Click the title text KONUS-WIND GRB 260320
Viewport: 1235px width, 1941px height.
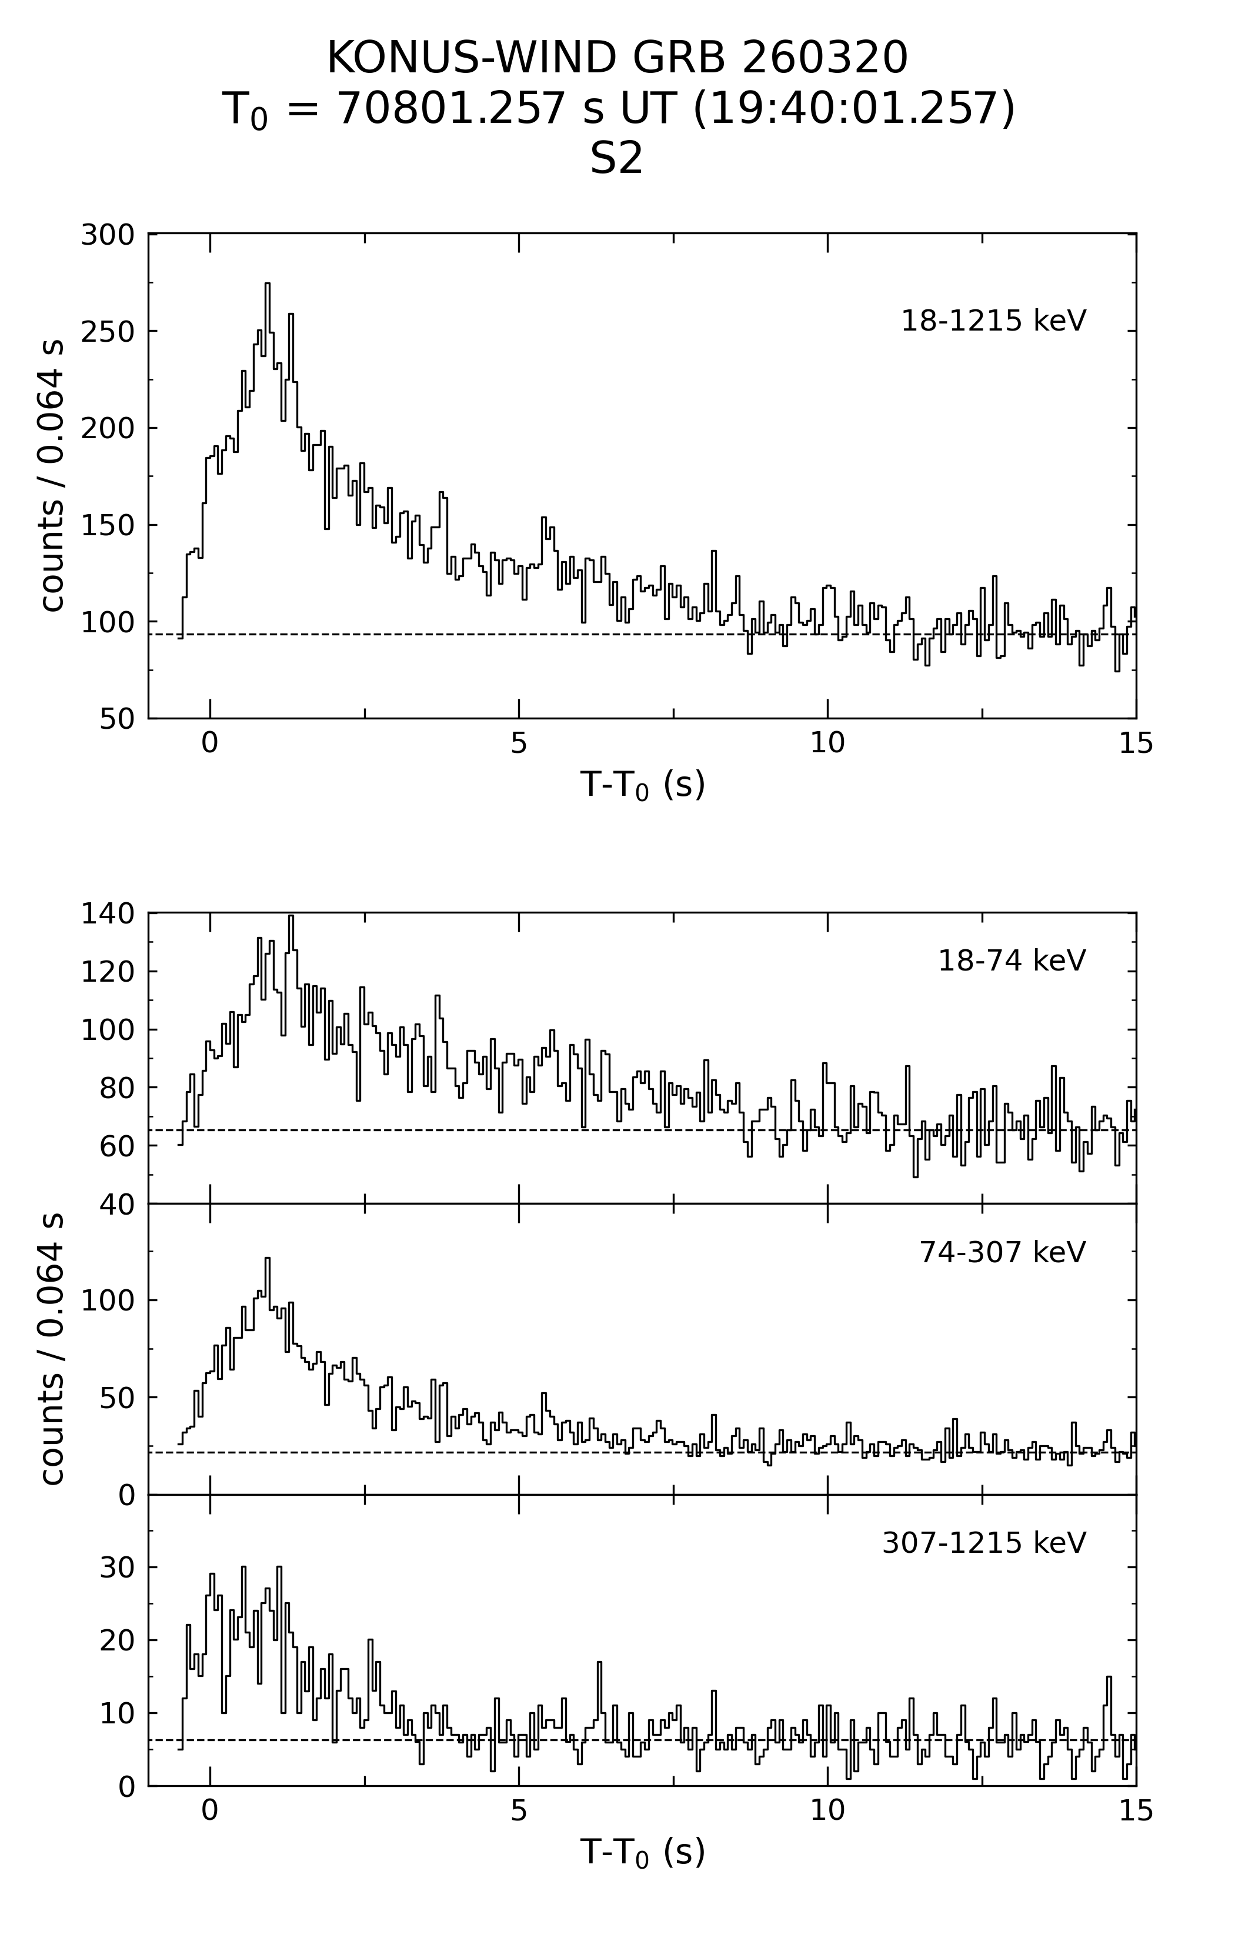click(x=617, y=58)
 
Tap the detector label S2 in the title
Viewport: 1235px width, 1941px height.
click(x=617, y=159)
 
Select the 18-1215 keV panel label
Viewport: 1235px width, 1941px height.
click(x=993, y=321)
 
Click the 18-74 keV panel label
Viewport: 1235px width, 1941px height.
click(x=1012, y=961)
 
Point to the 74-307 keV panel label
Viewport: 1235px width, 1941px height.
click(x=1003, y=1252)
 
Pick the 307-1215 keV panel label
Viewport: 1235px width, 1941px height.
click(x=984, y=1543)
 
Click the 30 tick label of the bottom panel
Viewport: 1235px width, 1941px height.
click(x=118, y=1568)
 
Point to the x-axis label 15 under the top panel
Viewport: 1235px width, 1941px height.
click(x=1135, y=744)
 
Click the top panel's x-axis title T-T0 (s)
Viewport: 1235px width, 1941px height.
click(x=642, y=784)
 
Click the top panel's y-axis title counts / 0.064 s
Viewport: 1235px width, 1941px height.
click(x=52, y=476)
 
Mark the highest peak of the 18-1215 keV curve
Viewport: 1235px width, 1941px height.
click(x=268, y=284)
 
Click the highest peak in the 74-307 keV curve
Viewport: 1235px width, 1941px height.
click(x=268, y=1258)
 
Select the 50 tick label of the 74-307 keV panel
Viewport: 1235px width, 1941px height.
click(x=118, y=1398)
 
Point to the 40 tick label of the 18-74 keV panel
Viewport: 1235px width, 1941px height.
click(x=118, y=1204)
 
